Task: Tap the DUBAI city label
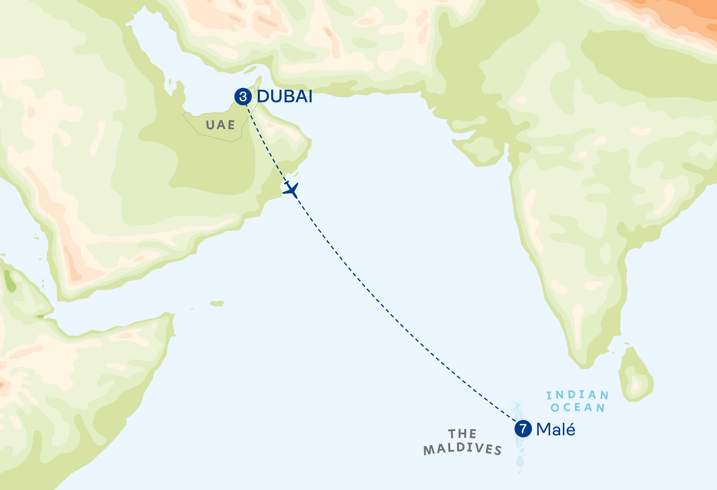click(x=284, y=96)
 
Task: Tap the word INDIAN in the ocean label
click(x=577, y=395)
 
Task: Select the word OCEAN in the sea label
click(x=577, y=407)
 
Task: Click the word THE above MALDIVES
click(x=462, y=434)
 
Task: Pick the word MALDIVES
click(x=462, y=449)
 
